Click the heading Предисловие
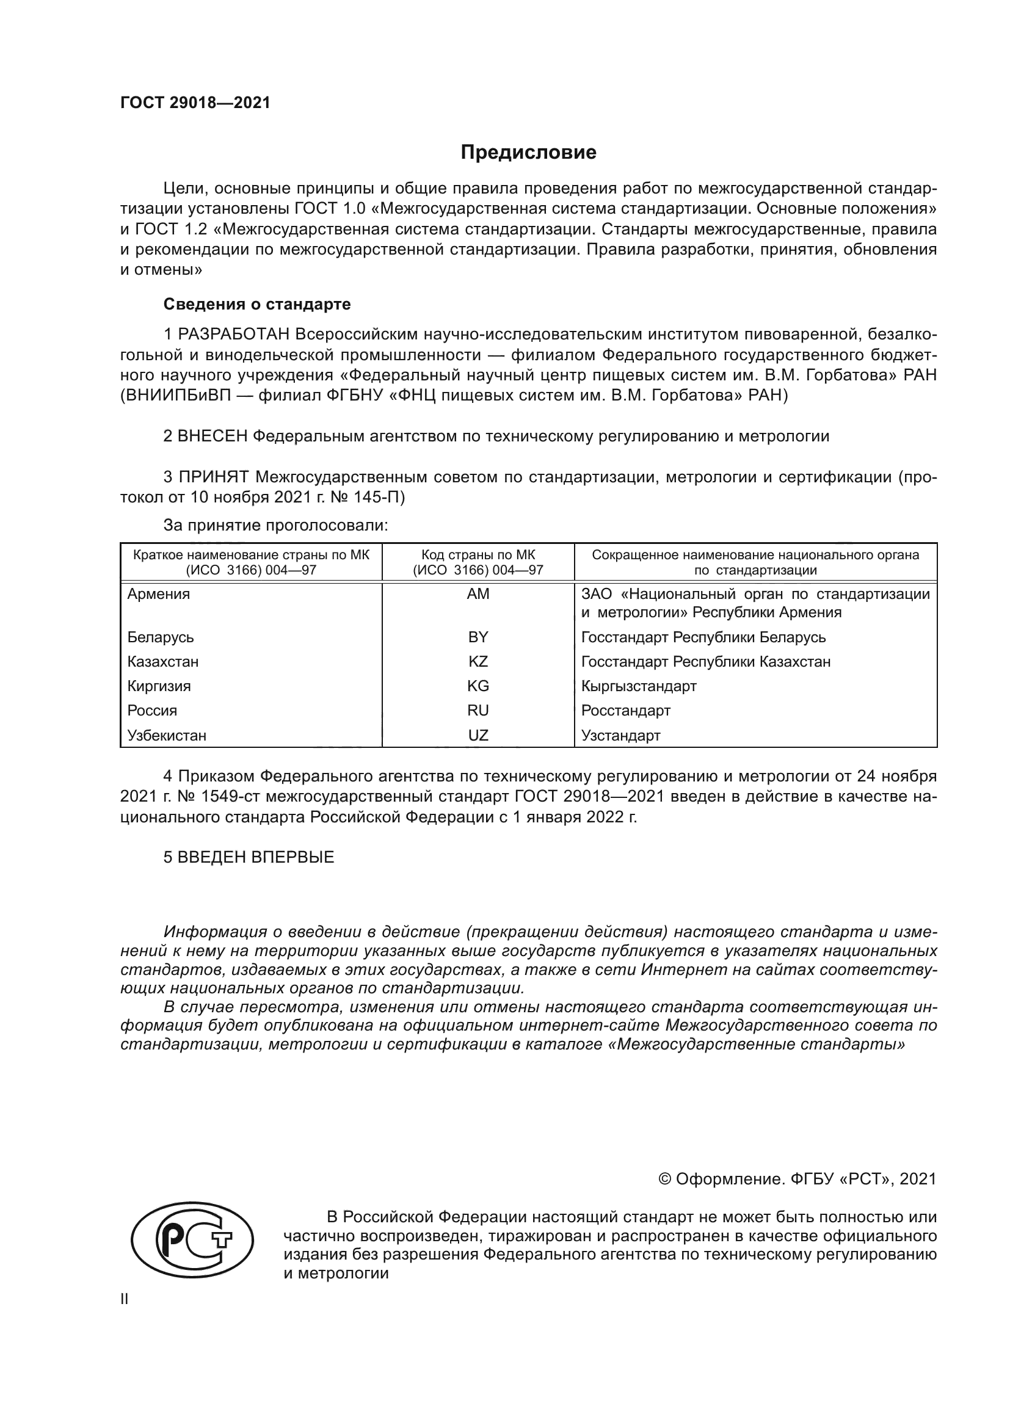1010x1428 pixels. click(x=528, y=153)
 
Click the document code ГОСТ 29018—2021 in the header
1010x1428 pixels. click(x=195, y=103)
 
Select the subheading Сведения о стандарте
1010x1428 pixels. click(x=257, y=304)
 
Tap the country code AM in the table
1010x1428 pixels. click(x=478, y=594)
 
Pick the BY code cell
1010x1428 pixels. click(x=478, y=637)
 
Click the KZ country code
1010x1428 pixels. click(x=478, y=661)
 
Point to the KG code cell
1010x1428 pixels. click(x=478, y=686)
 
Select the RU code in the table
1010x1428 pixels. click(x=478, y=710)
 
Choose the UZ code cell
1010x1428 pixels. click(x=478, y=735)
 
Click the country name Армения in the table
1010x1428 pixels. click(x=159, y=594)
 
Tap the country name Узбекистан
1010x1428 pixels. click(x=167, y=735)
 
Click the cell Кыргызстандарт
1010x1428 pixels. click(x=639, y=686)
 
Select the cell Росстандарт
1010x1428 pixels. click(x=626, y=710)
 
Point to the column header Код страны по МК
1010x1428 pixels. click(x=478, y=555)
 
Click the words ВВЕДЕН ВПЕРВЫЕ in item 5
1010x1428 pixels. click(x=256, y=857)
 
